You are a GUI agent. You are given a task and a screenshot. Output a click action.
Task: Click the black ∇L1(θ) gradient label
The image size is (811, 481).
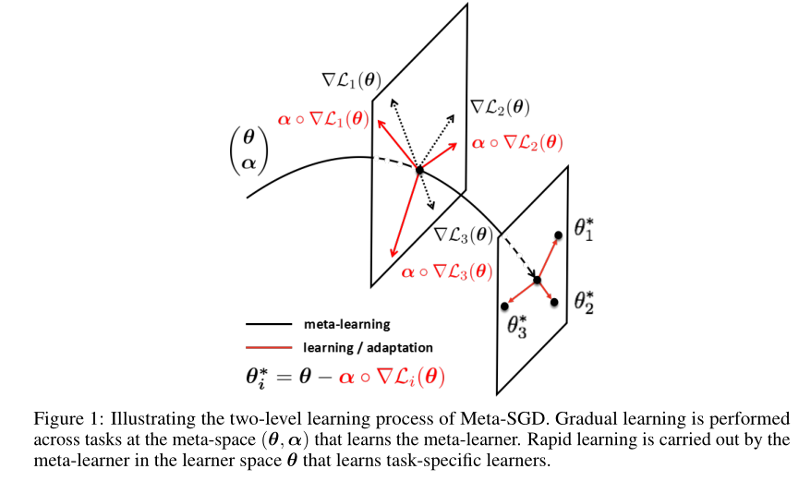click(352, 80)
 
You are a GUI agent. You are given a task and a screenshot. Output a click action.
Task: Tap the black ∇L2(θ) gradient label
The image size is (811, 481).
click(500, 107)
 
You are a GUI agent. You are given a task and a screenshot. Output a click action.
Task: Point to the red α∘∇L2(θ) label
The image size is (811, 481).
click(517, 142)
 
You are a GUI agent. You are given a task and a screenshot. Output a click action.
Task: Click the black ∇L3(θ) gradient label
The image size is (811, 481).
click(464, 235)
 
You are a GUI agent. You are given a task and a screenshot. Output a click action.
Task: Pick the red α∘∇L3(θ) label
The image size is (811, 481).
click(447, 271)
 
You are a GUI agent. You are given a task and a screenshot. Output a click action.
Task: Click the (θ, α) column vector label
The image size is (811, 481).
click(248, 150)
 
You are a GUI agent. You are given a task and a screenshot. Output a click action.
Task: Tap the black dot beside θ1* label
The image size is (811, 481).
click(558, 235)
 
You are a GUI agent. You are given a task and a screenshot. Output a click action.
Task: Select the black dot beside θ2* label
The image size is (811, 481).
click(554, 302)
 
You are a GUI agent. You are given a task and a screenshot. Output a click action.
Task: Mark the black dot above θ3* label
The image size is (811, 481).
click(505, 307)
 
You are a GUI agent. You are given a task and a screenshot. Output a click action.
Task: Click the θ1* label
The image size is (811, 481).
click(584, 229)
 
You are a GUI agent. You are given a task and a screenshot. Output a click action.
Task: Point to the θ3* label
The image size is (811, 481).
click(516, 327)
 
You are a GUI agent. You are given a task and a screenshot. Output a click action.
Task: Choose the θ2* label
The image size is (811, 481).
click(584, 303)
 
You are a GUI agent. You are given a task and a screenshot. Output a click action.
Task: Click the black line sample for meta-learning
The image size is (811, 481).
click(269, 324)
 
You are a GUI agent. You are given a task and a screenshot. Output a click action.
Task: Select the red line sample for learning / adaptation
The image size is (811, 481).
click(269, 347)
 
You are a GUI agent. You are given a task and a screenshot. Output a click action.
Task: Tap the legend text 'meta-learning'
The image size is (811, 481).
click(347, 324)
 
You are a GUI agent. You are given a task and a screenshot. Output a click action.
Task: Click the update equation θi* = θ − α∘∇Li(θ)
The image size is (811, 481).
click(345, 378)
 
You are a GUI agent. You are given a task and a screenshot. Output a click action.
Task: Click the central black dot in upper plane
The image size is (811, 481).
click(419, 170)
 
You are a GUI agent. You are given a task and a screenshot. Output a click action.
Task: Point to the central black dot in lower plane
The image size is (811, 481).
click(537, 281)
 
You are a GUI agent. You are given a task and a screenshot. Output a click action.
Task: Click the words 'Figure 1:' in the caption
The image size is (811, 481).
click(69, 418)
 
